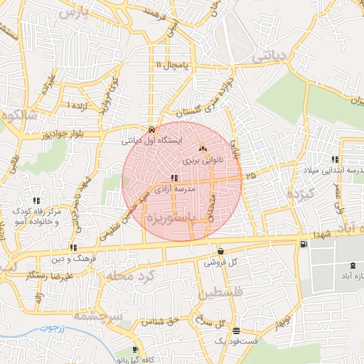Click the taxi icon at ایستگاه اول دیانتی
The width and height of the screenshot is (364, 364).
153,129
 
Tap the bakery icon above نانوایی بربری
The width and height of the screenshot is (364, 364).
203,149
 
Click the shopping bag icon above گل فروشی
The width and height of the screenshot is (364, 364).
220,251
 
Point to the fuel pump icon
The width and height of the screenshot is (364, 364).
304,245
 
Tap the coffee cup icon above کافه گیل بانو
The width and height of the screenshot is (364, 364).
135,350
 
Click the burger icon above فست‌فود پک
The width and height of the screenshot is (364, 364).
236,331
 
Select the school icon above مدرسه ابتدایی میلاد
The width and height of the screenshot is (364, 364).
334,160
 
